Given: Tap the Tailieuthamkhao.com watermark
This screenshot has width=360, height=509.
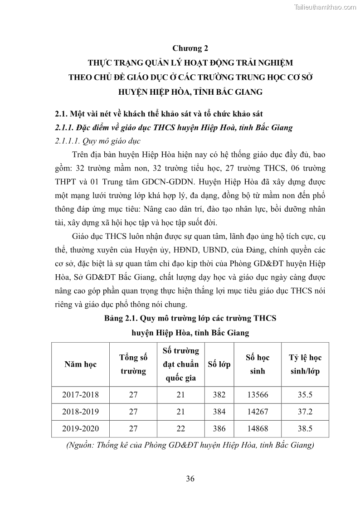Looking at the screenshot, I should pos(326,7).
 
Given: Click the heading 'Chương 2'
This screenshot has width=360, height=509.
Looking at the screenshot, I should pos(190,48).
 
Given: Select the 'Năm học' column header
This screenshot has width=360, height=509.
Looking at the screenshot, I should pos(80,364).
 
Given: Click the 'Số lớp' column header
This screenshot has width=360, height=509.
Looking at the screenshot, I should pos(219,364).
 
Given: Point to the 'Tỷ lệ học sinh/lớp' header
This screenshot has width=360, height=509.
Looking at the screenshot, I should pos(305,364).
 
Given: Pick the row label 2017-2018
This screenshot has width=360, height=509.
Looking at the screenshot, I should pos(80,395).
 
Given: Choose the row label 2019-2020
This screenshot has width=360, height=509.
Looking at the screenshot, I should pos(80,427).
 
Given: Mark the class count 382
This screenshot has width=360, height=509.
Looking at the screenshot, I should pos(219,395).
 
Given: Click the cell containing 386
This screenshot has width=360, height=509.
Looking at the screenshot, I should pos(219,427).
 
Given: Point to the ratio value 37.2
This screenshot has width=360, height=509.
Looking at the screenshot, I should pos(305,411).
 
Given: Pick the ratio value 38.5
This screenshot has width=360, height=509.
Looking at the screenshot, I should pos(305,427).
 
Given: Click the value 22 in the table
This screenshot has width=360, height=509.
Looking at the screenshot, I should pos(180,427).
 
